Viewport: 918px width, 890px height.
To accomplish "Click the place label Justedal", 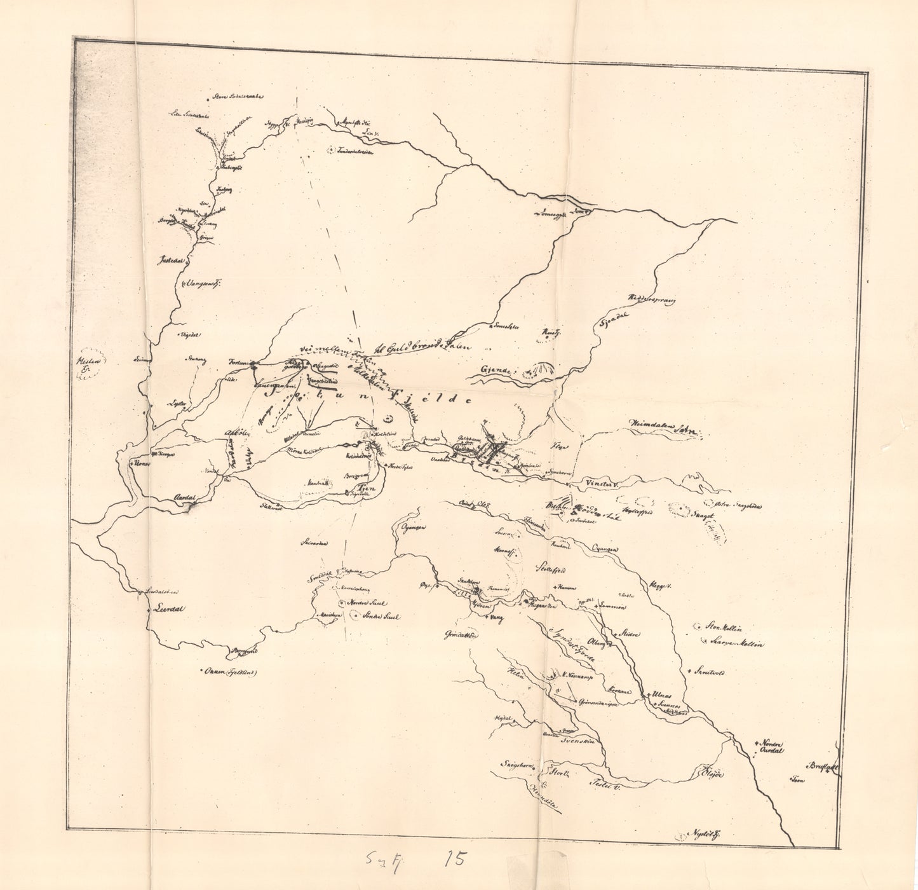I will pyautogui.click(x=172, y=261).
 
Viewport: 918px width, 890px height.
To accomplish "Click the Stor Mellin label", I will pyautogui.click(x=721, y=627).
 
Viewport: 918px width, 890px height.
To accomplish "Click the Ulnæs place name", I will pyautogui.click(x=662, y=696).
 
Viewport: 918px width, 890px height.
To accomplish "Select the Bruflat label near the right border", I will pyautogui.click(x=824, y=767).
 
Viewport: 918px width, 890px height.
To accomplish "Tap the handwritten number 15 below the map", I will pyautogui.click(x=454, y=859).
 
